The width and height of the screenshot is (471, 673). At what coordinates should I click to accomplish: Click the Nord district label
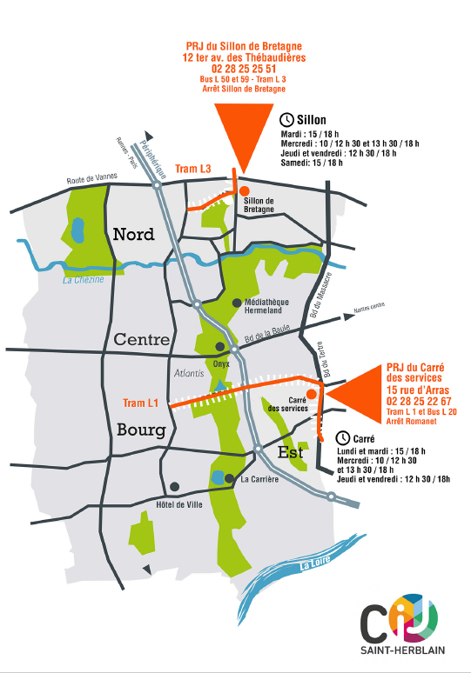pyautogui.click(x=134, y=234)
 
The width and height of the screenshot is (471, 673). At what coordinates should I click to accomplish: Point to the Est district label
pyautogui.click(x=292, y=452)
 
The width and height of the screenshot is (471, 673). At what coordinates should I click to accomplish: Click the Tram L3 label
pyautogui.click(x=193, y=169)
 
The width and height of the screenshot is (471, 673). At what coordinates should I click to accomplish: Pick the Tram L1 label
pyautogui.click(x=141, y=403)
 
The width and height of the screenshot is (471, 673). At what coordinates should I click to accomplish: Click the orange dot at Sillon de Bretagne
pyautogui.click(x=245, y=191)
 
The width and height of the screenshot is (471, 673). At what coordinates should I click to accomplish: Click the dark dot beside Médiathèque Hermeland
pyautogui.click(x=237, y=303)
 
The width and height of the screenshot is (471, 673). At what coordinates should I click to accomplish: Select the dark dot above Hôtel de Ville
pyautogui.click(x=175, y=487)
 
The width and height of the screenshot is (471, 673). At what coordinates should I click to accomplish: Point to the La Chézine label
pyautogui.click(x=83, y=279)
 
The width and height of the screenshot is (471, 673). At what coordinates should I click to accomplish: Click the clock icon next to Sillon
pyautogui.click(x=287, y=119)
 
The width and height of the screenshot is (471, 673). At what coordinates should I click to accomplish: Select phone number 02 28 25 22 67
pyautogui.click(x=419, y=402)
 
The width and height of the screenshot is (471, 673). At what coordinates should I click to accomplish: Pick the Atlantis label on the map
pyautogui.click(x=189, y=373)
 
